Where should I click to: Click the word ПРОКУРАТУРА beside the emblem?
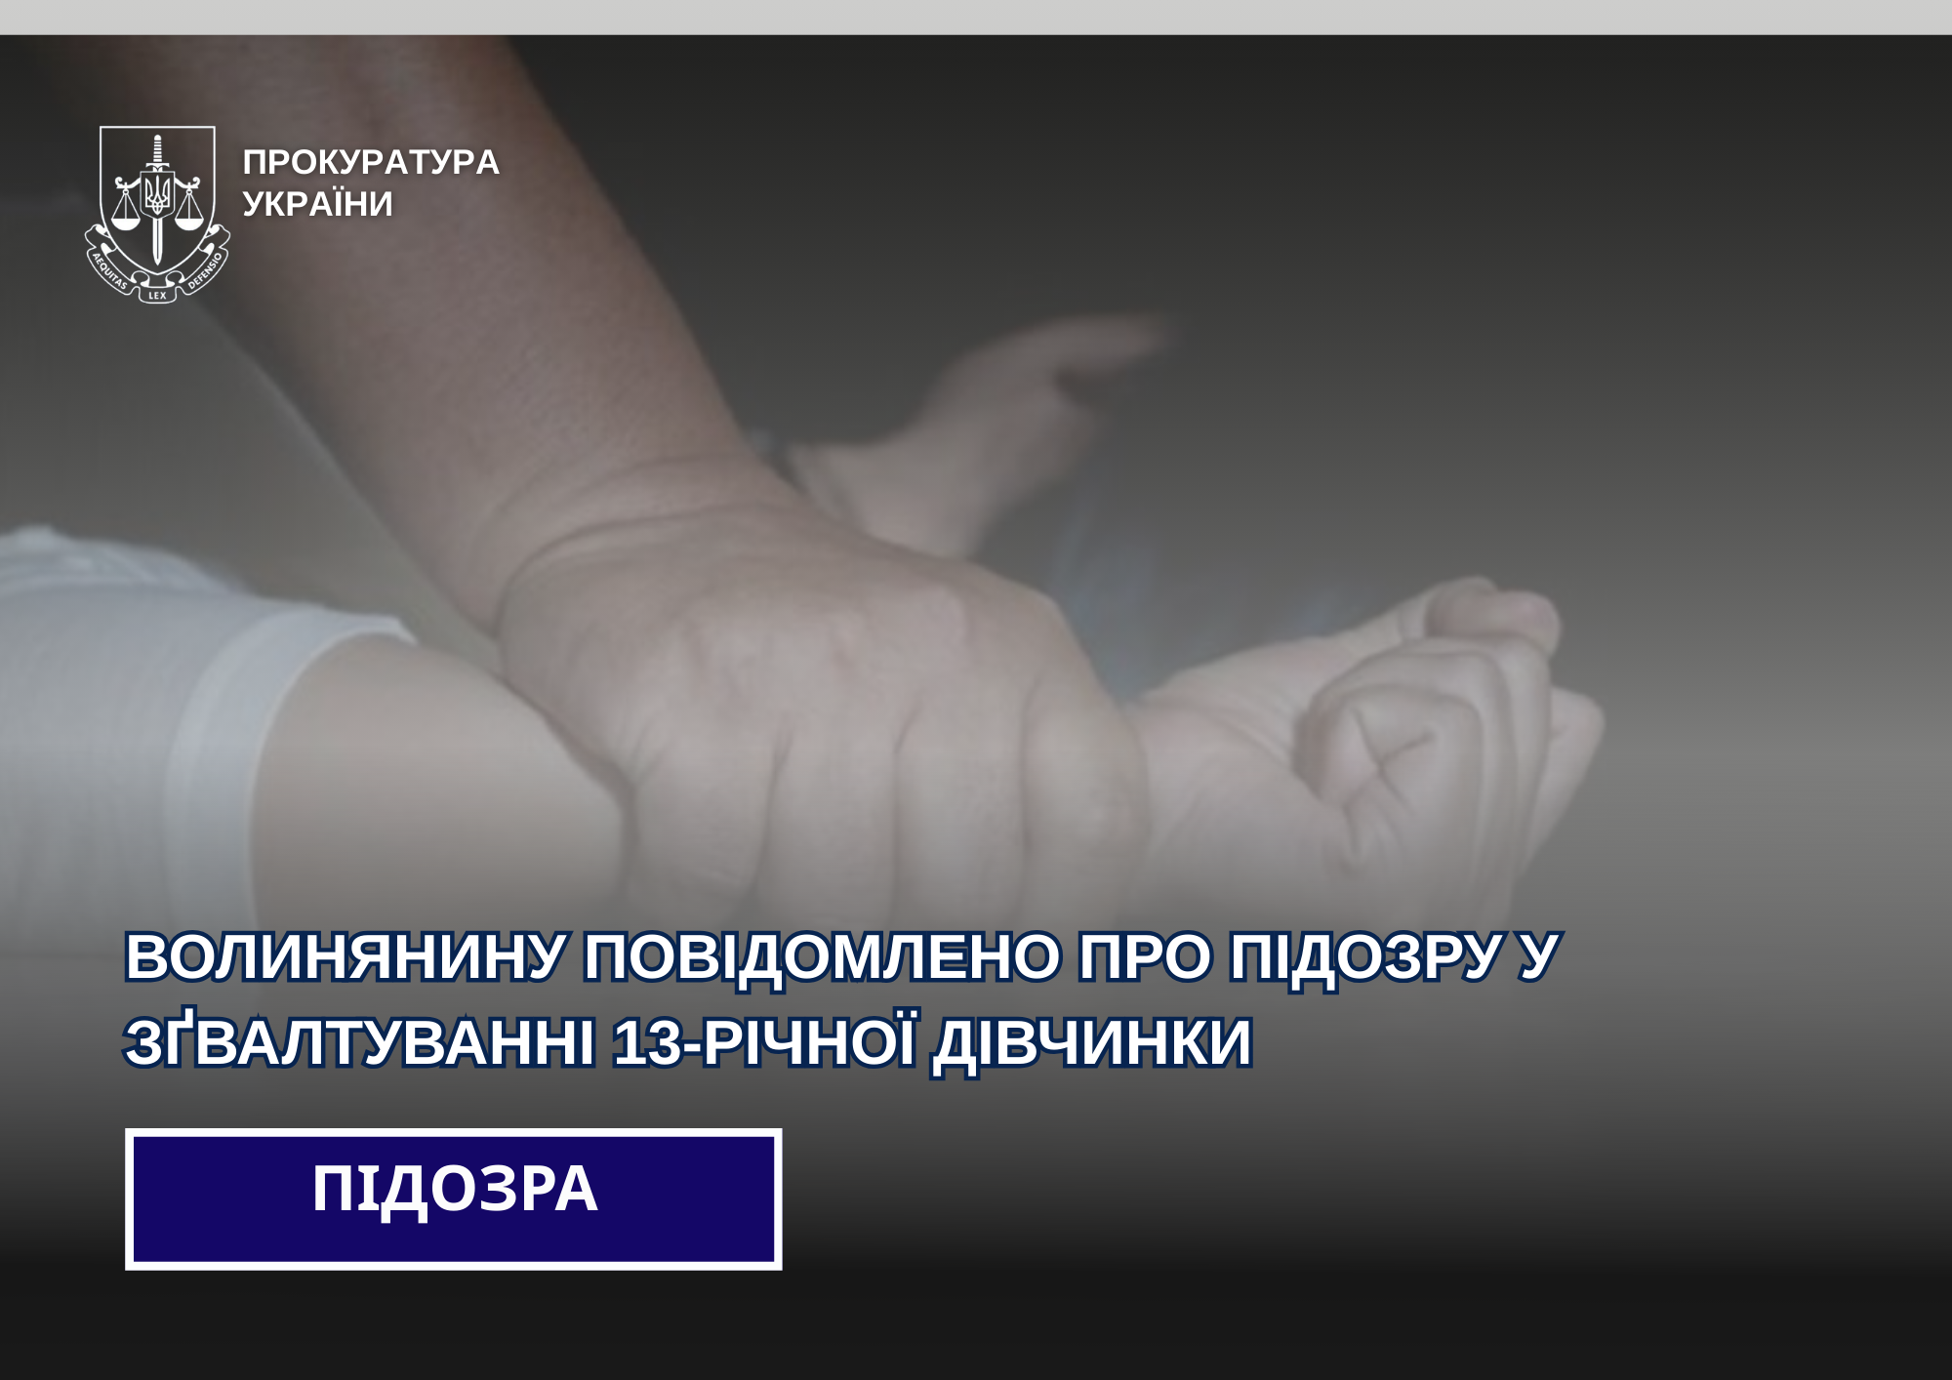tap(371, 162)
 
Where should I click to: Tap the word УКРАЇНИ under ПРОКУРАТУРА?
tap(317, 204)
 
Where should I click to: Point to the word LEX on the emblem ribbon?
tap(157, 295)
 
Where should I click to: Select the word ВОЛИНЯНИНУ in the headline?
tap(346, 956)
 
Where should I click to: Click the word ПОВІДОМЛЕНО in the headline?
tap(822, 956)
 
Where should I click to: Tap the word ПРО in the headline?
tap(1144, 956)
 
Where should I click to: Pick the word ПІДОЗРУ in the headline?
tap(1365, 957)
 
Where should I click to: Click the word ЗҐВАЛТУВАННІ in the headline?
tap(359, 1041)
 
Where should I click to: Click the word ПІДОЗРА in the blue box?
tap(454, 1191)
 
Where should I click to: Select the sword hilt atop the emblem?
tap(157, 151)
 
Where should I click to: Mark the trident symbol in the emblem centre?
tap(157, 192)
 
